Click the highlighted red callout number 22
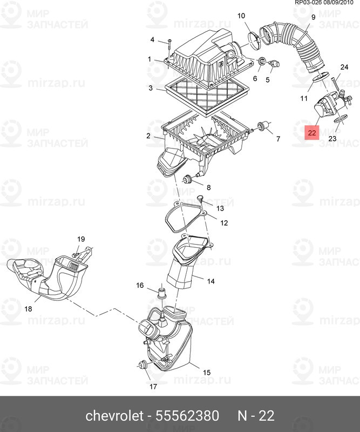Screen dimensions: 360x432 click(312, 132)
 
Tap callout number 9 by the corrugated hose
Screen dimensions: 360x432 click(313, 17)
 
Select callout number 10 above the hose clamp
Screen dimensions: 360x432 click(241, 16)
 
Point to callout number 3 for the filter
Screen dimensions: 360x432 click(151, 88)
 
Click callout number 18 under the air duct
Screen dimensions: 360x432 click(29, 309)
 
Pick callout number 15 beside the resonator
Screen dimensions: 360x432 click(207, 373)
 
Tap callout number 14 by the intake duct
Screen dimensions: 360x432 click(210, 281)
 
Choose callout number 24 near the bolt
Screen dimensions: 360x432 click(344, 67)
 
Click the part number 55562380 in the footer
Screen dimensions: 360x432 click(187, 415)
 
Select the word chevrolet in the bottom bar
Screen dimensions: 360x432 click(114, 415)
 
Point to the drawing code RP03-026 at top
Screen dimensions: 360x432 click(309, 3)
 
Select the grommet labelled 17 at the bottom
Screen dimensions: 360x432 click(143, 366)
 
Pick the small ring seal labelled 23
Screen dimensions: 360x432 click(339, 119)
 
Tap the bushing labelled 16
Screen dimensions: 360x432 click(162, 293)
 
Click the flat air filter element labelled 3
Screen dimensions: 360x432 click(207, 97)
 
